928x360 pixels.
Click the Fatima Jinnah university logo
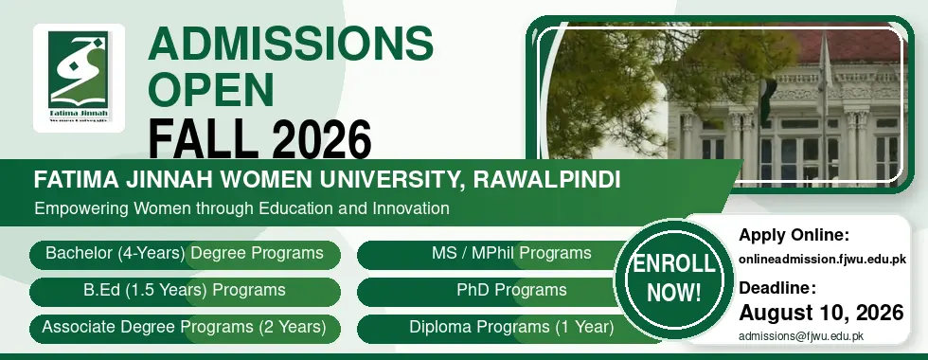[x=79, y=78]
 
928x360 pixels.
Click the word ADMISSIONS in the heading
[x=291, y=44]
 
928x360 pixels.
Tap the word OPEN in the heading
[x=211, y=89]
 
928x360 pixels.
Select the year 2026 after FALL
[x=323, y=139]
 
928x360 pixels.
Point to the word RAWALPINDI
[x=547, y=179]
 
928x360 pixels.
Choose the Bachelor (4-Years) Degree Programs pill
[x=185, y=254]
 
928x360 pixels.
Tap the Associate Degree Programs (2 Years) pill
[x=185, y=328]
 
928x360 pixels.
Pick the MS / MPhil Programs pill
[x=509, y=254]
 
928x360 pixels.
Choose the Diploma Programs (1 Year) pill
[x=509, y=328]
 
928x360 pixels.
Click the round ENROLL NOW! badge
[x=673, y=279]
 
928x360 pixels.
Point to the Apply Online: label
[x=794, y=236]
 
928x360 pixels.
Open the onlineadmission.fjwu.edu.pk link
[x=822, y=260]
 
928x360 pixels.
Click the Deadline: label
[x=777, y=288]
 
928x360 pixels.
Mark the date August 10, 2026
[x=822, y=312]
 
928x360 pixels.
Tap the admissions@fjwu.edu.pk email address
[x=801, y=336]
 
